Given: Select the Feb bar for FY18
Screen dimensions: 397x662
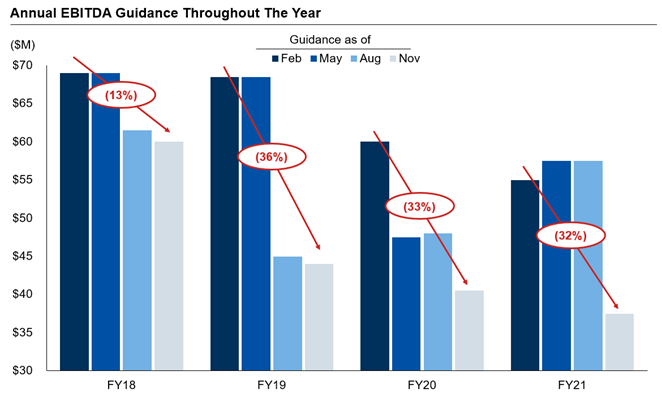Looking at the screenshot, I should (x=76, y=221).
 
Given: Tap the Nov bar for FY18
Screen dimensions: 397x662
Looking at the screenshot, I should (x=169, y=255).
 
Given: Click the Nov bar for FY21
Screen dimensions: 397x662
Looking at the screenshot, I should (x=618, y=341).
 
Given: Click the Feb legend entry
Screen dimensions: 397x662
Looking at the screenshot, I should (x=284, y=58).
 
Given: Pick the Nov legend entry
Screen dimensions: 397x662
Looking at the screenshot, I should (x=403, y=58).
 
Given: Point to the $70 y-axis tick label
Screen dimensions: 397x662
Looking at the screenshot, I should (x=21, y=66).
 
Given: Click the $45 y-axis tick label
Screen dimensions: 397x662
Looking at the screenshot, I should (x=21, y=256).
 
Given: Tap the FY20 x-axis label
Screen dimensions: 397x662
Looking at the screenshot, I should (x=421, y=384).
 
